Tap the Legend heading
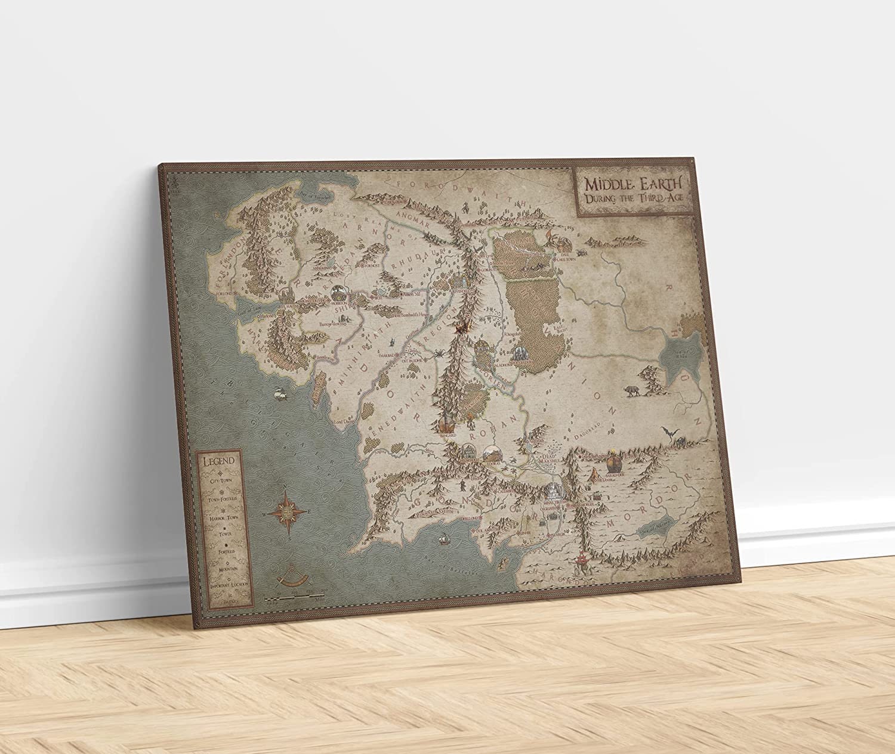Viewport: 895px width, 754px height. [x=218, y=461]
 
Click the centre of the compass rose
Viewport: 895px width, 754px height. [x=288, y=511]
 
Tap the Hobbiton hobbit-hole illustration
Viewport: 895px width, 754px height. [x=337, y=292]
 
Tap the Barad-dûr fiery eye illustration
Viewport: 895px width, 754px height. [x=614, y=463]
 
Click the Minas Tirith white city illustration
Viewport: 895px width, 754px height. [x=555, y=491]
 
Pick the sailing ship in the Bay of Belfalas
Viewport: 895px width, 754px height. [x=444, y=539]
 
